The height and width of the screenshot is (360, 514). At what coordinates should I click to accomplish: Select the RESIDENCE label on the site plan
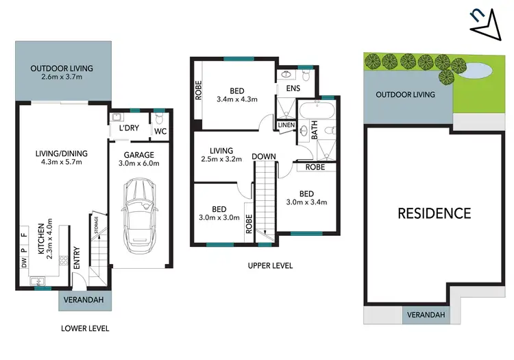click(x=435, y=213)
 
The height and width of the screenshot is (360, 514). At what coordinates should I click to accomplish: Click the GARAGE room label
click(x=138, y=154)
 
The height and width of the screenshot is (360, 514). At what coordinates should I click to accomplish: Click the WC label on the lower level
click(x=160, y=131)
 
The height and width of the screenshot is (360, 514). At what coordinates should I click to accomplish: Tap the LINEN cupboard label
click(x=286, y=125)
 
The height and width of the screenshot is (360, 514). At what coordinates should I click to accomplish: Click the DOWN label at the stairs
click(x=263, y=156)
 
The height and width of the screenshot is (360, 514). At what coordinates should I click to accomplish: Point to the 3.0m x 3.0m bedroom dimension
click(x=219, y=219)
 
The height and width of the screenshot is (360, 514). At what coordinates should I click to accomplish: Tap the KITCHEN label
click(x=41, y=239)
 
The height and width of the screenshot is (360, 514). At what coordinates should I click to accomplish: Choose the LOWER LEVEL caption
click(x=85, y=328)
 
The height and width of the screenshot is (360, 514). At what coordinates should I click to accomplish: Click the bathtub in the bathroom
click(x=317, y=112)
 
